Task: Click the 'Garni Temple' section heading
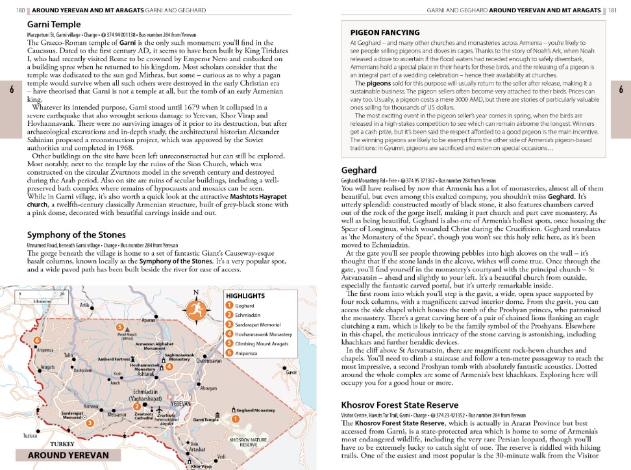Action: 54,25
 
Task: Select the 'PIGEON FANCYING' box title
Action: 385,32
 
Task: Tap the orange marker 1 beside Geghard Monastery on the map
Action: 235,419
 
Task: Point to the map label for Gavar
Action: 291,373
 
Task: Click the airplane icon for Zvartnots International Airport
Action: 158,410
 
